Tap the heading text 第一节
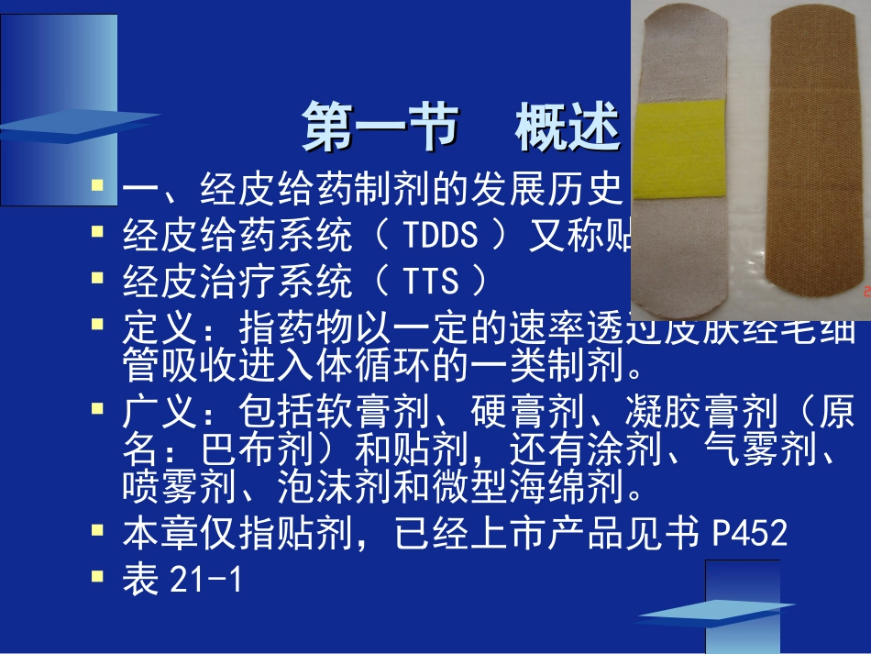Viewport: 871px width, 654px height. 379,128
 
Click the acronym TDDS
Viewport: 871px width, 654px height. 440,237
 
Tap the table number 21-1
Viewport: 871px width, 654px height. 206,580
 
